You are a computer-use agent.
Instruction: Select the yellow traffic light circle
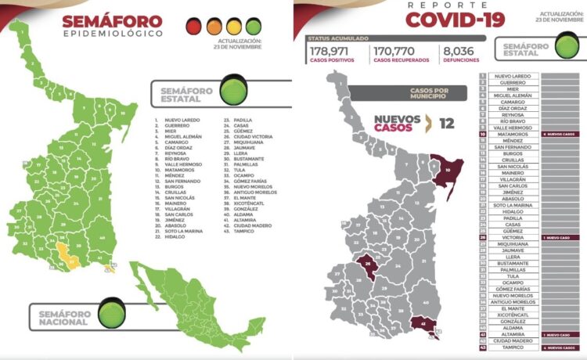pos(233,27)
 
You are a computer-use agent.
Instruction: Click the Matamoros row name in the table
pos(509,135)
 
